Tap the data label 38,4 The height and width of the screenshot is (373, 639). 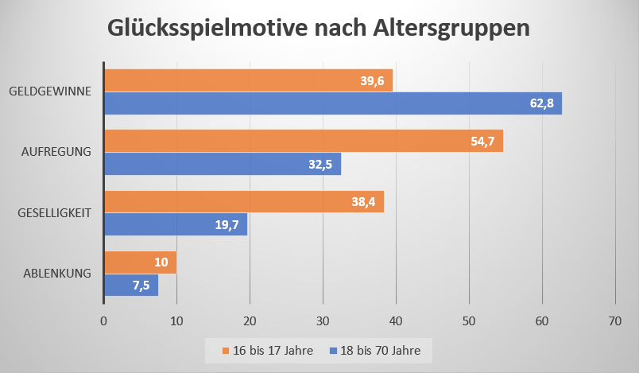[x=365, y=202]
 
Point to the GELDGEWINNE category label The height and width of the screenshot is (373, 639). [x=50, y=91]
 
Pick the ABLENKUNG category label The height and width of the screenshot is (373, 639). [x=58, y=274]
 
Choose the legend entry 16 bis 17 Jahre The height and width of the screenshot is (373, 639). [x=268, y=350]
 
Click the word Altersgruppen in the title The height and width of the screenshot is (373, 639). [x=451, y=29]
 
